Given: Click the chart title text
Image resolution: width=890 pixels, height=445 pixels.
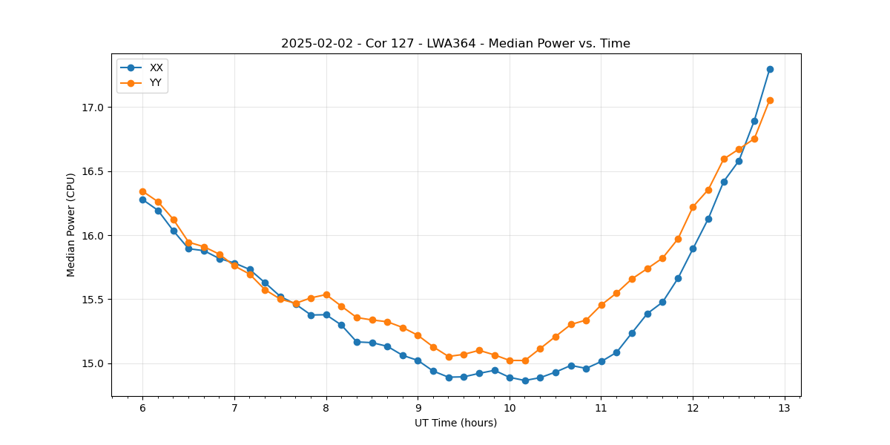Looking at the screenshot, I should coord(455,44).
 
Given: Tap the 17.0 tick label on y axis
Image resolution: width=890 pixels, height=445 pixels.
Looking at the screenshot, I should coord(93,108).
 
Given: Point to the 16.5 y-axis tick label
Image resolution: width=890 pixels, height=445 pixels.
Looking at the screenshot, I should coord(93,171).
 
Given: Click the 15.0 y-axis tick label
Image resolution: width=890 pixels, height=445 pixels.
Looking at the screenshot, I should coord(93,363).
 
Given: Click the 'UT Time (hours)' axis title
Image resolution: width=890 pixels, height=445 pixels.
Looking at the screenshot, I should coord(455,423).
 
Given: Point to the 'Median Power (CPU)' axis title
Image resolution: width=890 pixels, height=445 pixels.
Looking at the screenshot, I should coord(71,225).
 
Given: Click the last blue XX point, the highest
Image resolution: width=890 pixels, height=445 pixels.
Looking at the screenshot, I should coord(770,69).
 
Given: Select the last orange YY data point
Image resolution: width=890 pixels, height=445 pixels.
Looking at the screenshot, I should coord(770,100).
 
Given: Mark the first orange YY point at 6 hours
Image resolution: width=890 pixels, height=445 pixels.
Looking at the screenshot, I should coord(142,191).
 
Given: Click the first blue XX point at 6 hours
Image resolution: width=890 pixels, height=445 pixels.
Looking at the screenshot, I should coord(142,200).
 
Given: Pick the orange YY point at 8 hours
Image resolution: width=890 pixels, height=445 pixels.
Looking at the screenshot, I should coord(326,294).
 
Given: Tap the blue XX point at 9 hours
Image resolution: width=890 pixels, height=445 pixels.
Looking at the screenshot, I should coord(418,360).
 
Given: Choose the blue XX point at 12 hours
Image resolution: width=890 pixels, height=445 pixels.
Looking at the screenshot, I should coord(693,248).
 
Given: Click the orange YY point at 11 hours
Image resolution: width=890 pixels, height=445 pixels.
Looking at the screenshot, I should coord(601,305).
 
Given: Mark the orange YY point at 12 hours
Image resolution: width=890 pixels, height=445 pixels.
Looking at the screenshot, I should coord(693,207).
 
